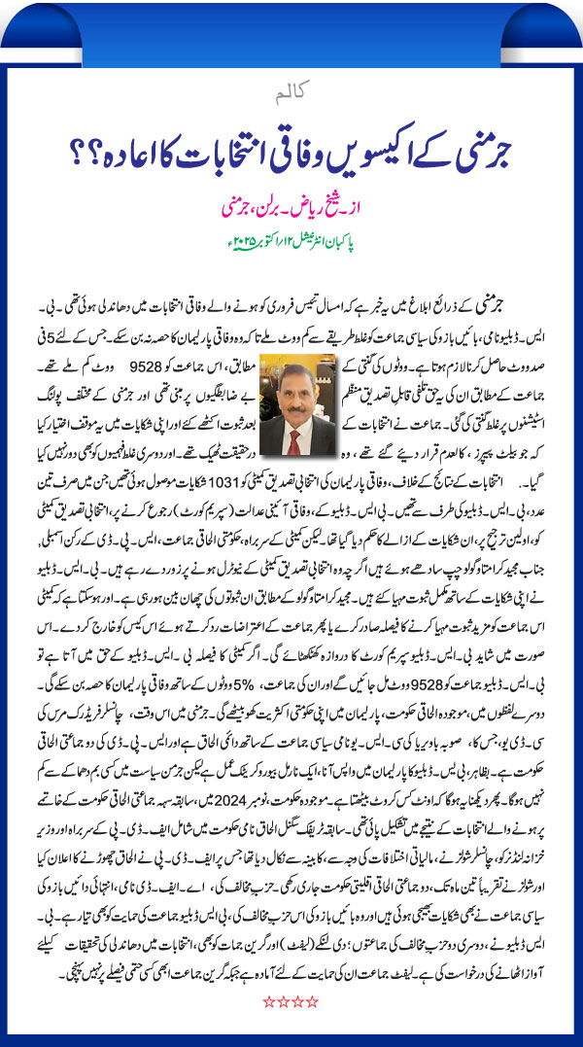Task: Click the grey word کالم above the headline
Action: (x=291, y=95)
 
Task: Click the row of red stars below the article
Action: (x=291, y=1017)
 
